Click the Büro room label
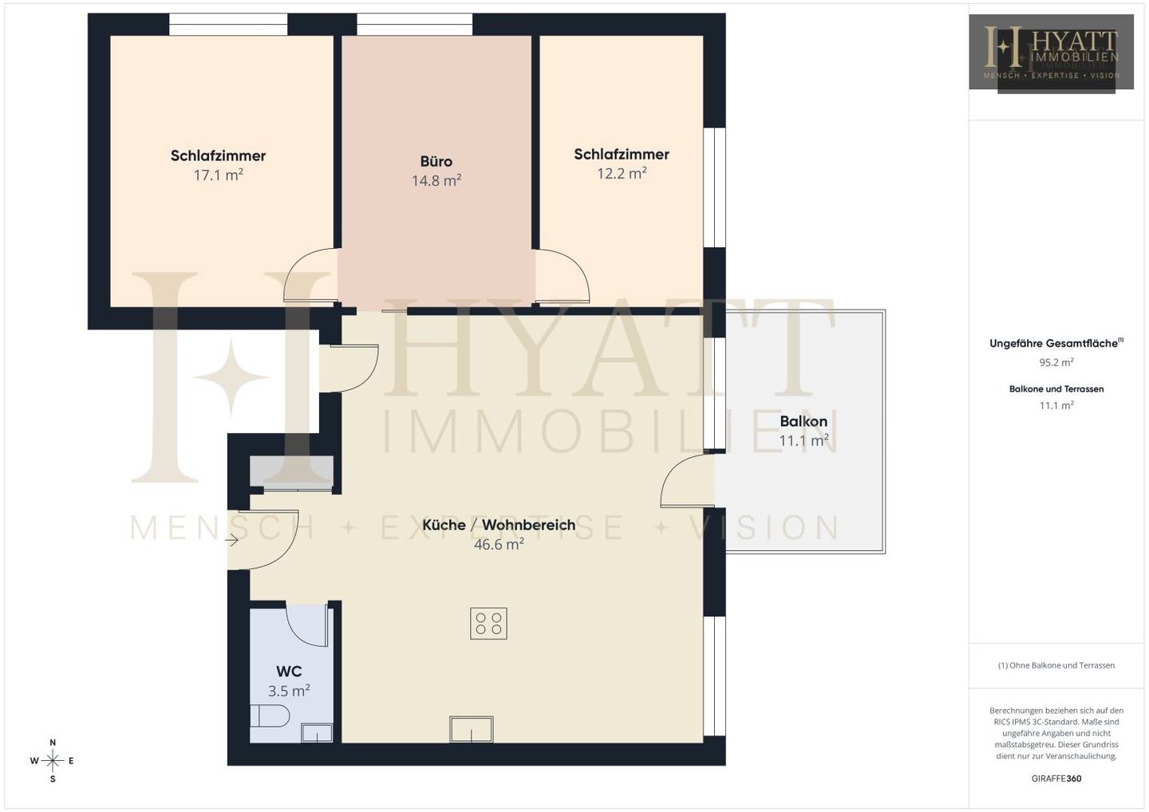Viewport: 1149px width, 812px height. coord(436,161)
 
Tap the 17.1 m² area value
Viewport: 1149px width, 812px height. coord(218,175)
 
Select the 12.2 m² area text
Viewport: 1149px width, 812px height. coord(621,174)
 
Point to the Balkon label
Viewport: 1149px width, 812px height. coord(804,421)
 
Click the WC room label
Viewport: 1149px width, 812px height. coord(289,672)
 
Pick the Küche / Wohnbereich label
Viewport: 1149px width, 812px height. coord(499,525)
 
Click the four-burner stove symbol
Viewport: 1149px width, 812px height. coord(488,623)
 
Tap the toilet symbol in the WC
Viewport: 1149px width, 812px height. coord(270,715)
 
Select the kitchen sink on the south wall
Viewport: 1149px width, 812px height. coord(472,729)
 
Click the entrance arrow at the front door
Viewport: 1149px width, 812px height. coord(232,540)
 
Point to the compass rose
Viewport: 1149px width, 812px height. coord(53,761)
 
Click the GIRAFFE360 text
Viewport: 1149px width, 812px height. coord(1056,778)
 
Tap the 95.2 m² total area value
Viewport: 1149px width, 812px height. coord(1056,362)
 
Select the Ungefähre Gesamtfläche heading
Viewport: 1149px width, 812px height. coord(1056,344)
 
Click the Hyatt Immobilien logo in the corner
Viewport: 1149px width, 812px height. coord(1051,52)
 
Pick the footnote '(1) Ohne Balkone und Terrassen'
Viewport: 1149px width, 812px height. coord(1056,665)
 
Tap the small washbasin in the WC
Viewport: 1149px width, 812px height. coord(317,733)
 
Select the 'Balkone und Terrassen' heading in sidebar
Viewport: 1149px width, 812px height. coord(1056,389)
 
